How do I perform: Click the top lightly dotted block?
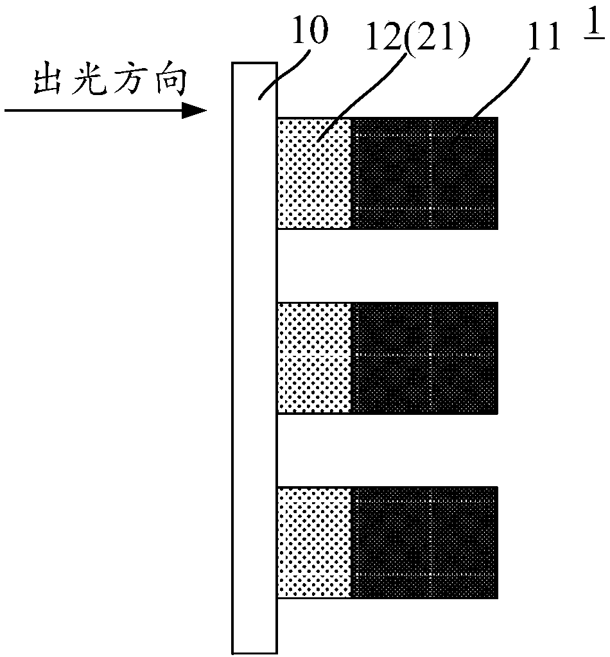315,173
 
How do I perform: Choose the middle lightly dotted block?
315,358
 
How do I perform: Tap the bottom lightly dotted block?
315,543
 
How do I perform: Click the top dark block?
425,173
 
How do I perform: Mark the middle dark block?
425,358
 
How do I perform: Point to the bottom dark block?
425,543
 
